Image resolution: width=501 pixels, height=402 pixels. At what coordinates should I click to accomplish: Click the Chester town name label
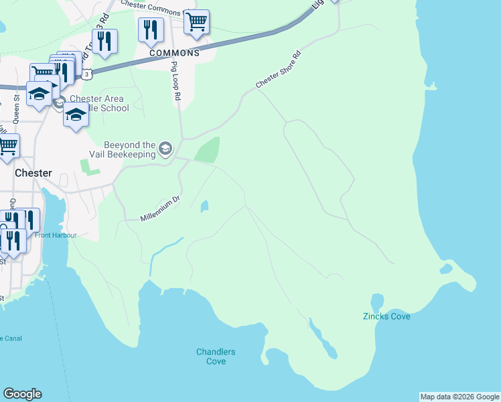point(33,173)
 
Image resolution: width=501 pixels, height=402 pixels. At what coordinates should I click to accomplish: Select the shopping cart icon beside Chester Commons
point(196,22)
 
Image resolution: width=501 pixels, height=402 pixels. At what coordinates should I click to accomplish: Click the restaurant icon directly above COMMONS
point(151,29)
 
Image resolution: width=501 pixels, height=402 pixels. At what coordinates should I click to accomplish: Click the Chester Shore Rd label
point(279,70)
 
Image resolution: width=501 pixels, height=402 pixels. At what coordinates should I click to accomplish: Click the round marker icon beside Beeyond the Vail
point(165,147)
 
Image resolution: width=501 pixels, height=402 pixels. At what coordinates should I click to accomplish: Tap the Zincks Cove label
point(386,316)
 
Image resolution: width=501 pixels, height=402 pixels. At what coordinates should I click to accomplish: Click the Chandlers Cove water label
point(216,356)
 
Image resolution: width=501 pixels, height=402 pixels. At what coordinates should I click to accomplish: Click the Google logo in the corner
point(22,394)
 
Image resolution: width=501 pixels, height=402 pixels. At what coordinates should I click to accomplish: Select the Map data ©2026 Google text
point(459,397)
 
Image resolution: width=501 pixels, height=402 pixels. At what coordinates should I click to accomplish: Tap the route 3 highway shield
point(87,74)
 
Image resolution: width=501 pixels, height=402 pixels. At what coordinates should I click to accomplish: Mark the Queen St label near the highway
point(16,107)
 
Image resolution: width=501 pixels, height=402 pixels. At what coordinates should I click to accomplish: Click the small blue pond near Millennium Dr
point(204,206)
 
